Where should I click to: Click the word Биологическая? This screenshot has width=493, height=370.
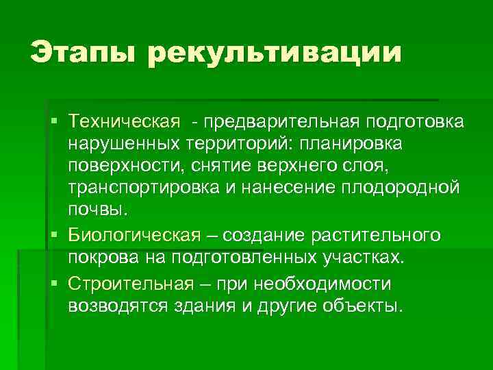pyautogui.click(x=135, y=236)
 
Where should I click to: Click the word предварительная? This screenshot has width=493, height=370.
pyautogui.click(x=281, y=122)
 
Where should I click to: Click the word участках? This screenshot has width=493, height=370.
pyautogui.click(x=364, y=259)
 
